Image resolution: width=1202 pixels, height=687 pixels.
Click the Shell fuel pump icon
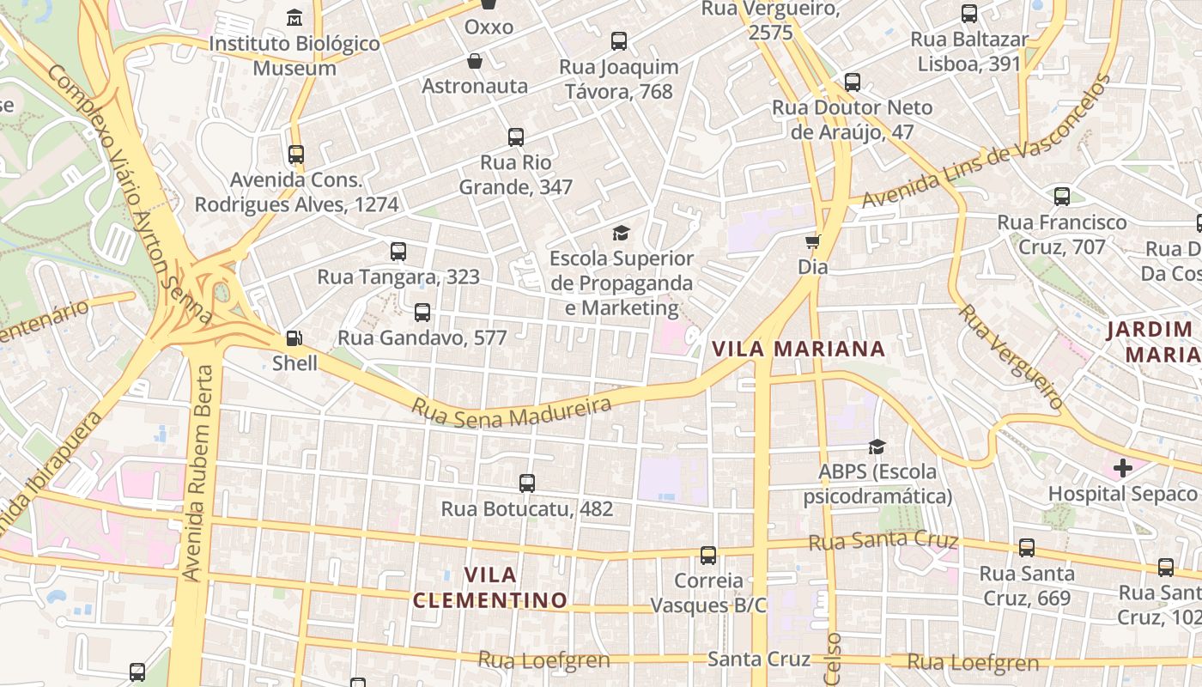click(294, 338)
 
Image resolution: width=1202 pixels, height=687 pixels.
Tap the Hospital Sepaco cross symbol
click(1122, 468)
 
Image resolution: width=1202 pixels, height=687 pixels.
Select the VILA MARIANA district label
click(798, 349)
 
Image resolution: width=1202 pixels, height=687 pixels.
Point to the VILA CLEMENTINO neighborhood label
click(489, 587)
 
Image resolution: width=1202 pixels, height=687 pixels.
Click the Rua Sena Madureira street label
click(512, 411)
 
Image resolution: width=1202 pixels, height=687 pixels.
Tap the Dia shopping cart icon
click(812, 242)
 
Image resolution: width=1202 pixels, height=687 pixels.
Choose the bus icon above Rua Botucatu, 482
click(527, 483)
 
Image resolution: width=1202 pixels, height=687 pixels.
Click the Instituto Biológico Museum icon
click(294, 17)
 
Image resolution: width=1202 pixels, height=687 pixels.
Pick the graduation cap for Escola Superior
click(621, 233)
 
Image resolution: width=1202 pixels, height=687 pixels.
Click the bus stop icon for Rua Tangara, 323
click(398, 252)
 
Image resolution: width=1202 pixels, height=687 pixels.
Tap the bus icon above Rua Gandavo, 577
click(422, 313)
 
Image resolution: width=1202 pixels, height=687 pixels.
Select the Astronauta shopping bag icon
click(474, 61)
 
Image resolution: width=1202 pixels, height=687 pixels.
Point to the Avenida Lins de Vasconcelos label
click(986, 143)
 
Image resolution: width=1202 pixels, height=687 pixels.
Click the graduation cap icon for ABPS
click(877, 447)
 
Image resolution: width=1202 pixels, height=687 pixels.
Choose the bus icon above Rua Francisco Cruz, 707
click(1062, 197)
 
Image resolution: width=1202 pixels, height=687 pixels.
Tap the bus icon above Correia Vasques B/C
click(708, 556)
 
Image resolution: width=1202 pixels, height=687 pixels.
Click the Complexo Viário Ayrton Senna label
click(129, 194)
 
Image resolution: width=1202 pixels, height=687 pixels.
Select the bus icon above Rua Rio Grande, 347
click(516, 137)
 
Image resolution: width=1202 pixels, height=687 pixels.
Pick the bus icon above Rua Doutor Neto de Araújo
click(853, 82)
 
